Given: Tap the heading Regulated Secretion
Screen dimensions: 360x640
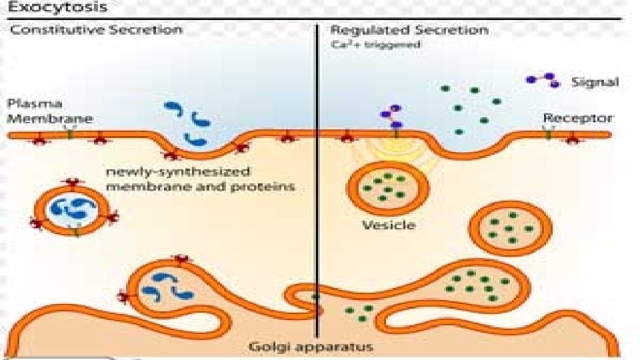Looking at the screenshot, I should coord(409,30).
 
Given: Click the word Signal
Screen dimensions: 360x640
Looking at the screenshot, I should coord(595,83).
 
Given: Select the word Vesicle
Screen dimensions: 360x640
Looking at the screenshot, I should coord(389,225).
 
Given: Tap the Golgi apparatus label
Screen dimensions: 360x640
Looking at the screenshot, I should coord(311,347).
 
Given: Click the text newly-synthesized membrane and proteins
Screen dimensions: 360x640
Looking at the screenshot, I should coord(200,179).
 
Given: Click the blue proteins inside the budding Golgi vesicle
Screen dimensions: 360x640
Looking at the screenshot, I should coord(167,285).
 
